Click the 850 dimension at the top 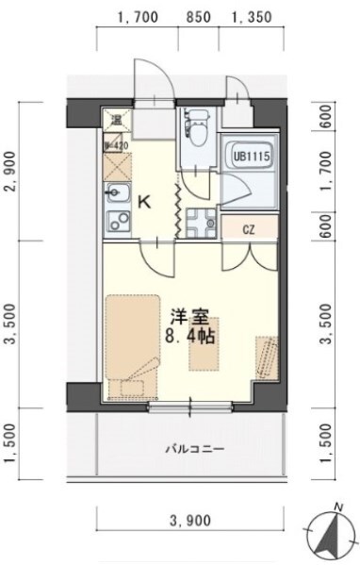coord(199,16)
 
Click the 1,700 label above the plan coord(139,16)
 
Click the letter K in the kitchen coord(145,200)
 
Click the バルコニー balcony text coord(196,449)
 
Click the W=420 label coord(115,145)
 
